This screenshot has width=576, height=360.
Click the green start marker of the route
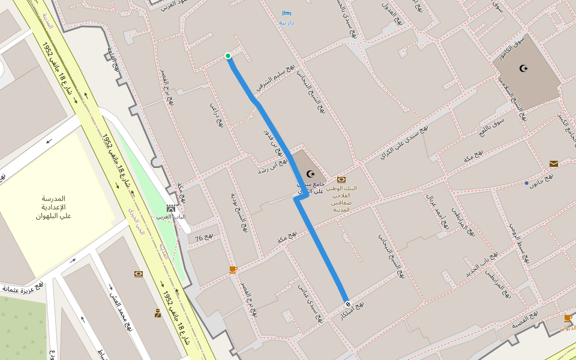click(x=228, y=56)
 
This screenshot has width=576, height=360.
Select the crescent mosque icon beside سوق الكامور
click(x=523, y=68)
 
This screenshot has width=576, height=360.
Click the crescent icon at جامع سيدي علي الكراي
click(x=310, y=174)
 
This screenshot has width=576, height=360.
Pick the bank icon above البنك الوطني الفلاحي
click(x=341, y=179)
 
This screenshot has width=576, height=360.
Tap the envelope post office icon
click(x=553, y=164)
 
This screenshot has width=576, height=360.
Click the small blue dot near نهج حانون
click(x=526, y=182)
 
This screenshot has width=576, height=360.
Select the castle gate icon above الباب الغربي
click(x=171, y=208)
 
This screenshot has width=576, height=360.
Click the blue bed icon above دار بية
click(x=286, y=13)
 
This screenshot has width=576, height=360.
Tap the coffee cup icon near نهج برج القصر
click(x=233, y=269)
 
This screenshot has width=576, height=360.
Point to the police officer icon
click(x=158, y=313)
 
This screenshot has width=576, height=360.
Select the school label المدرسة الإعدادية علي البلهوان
click(x=54, y=207)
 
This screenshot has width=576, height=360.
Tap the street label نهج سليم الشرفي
click(x=275, y=79)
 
